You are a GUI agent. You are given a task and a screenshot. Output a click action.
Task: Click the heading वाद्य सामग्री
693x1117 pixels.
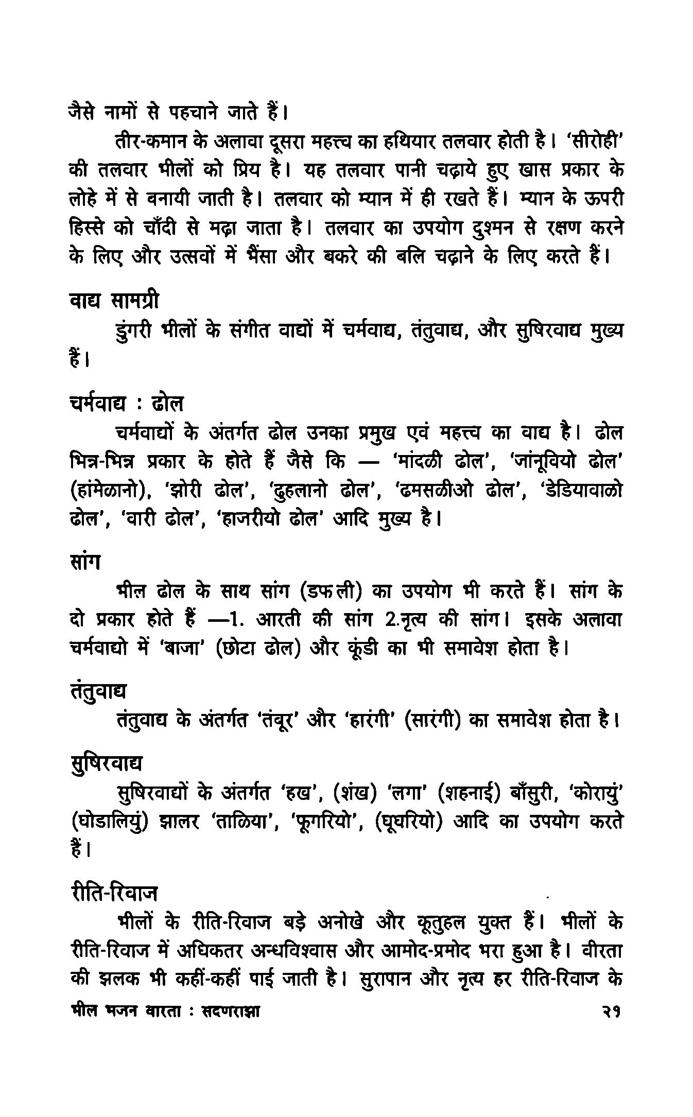coord(114,301)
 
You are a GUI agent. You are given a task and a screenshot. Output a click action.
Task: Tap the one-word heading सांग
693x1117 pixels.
coord(84,561)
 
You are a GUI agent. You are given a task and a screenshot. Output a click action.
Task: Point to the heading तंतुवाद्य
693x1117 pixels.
coord(98,690)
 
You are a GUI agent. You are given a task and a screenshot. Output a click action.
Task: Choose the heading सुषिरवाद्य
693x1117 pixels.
coord(106,763)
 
